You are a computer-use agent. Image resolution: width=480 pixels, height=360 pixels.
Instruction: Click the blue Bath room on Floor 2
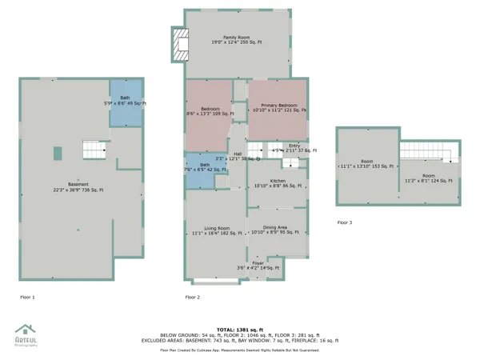(199, 174)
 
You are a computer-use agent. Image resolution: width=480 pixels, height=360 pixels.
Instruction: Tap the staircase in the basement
(94, 150)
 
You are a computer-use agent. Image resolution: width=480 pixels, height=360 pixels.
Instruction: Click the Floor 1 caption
(27, 297)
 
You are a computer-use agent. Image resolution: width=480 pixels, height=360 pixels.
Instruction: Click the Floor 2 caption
(192, 297)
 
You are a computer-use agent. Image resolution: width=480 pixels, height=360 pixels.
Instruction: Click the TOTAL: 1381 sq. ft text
(240, 329)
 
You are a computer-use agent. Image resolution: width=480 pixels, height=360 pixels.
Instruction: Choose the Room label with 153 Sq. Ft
(366, 164)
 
